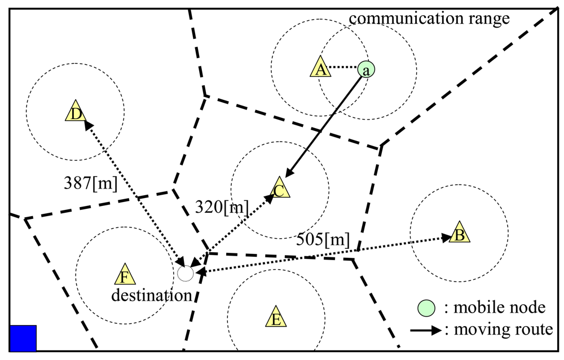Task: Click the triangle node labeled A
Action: pyautogui.click(x=320, y=68)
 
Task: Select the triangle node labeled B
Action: pyautogui.click(x=460, y=234)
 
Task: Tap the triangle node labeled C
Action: pyautogui.click(x=279, y=189)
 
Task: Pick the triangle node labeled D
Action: pyautogui.click(x=74, y=112)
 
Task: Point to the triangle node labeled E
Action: pyautogui.click(x=275, y=318)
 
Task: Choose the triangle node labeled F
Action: pyautogui.click(x=124, y=275)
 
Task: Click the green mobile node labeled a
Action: pyautogui.click(x=366, y=69)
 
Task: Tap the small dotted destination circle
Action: pyautogui.click(x=185, y=274)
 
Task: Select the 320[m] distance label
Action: pyautogui.click(x=222, y=207)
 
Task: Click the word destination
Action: pyautogui.click(x=151, y=295)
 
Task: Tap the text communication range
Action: pyautogui.click(x=429, y=18)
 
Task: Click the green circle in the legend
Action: pyautogui.click(x=427, y=308)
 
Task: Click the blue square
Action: pyautogui.click(x=23, y=338)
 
